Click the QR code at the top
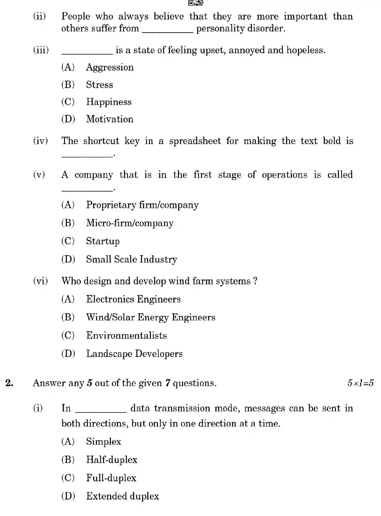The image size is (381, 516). tap(196, 3)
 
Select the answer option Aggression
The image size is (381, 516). tap(110, 67)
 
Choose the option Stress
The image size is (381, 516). tap(99, 85)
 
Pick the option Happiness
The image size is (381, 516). tap(109, 102)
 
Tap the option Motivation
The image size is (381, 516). tap(110, 119)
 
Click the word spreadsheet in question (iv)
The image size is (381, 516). tap(195, 141)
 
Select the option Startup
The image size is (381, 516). tap(103, 241)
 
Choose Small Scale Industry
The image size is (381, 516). tap(131, 259)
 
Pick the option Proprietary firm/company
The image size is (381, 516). tap(142, 205)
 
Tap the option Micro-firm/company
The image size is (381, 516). tap(130, 223)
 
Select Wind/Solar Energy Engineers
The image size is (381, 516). tap(151, 318)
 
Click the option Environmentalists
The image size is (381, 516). tap(126, 336)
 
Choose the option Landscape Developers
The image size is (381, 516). tap(134, 354)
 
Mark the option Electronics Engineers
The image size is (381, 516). tap(133, 299)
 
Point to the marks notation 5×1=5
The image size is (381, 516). tap(360, 383)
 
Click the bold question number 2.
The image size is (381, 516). tap(9, 383)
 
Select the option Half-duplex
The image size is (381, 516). tap(112, 460)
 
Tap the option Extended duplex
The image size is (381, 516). tap(123, 496)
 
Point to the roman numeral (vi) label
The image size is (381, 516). tap(41, 281)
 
